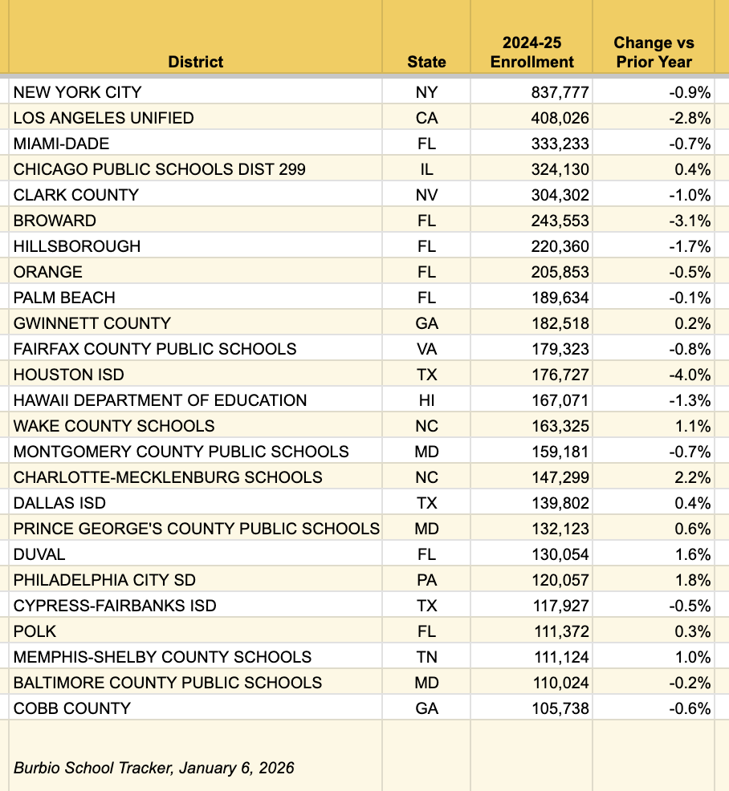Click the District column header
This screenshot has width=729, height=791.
(x=196, y=62)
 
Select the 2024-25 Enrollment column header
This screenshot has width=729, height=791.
(x=532, y=52)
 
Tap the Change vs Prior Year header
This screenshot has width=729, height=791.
(x=654, y=52)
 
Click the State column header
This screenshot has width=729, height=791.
(x=426, y=62)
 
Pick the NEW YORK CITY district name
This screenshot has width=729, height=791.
(x=77, y=92)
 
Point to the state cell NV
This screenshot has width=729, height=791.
(x=426, y=195)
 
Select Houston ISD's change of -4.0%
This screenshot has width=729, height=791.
(x=690, y=375)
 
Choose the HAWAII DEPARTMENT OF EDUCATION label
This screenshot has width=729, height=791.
(x=160, y=400)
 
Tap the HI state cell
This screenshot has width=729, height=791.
(x=426, y=400)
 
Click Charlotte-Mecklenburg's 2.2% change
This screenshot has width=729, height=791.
(x=693, y=477)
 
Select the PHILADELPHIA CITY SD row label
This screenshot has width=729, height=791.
(x=104, y=580)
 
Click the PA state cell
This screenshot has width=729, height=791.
(x=426, y=580)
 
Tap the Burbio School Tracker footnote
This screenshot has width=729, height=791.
(x=153, y=768)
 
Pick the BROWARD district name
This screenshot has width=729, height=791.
(x=55, y=221)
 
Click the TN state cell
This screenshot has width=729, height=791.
(x=426, y=657)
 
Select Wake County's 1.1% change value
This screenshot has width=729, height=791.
(x=693, y=426)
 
